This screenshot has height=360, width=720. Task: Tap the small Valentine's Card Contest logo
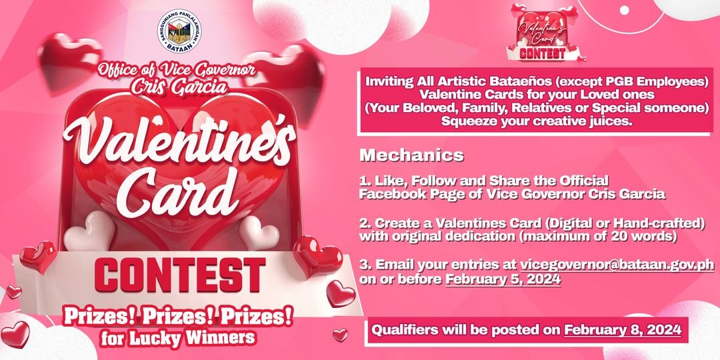coord(541,33)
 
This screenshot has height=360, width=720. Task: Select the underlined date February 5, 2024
coord(503,280)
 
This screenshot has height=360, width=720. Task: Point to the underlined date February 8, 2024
coord(622,329)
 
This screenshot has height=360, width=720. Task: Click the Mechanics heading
coord(411,156)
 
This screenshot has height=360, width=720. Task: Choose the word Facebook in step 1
coord(392,195)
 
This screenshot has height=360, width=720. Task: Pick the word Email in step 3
coord(389,265)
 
